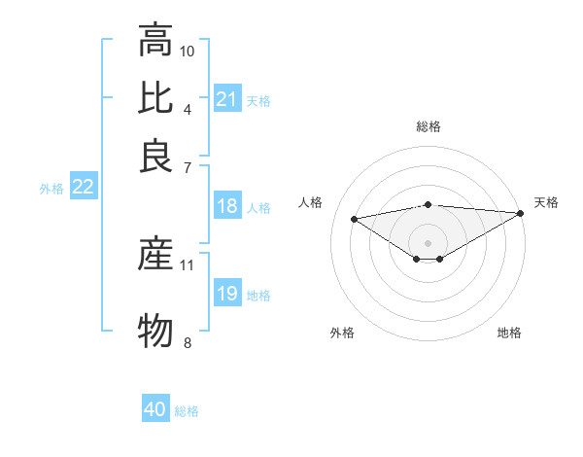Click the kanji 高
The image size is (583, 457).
coord(155,41)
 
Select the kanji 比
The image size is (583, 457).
coord(155,97)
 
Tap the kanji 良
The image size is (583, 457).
coord(155,154)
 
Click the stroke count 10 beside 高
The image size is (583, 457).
coord(188,51)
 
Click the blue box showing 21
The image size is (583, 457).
coord(226,98)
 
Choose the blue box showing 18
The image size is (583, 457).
coord(226,206)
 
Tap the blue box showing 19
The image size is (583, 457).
coord(226,294)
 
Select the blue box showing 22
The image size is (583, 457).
coord(83,188)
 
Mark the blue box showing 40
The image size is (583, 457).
coord(155,409)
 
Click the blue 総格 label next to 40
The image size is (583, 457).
coord(187,411)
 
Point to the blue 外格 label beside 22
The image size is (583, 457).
coord(51,190)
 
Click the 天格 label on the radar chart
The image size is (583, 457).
coord(546,202)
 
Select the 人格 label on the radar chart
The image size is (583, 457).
coord(311,202)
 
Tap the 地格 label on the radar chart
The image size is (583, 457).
coord(509,333)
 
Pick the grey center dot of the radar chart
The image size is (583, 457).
coord(428,241)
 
